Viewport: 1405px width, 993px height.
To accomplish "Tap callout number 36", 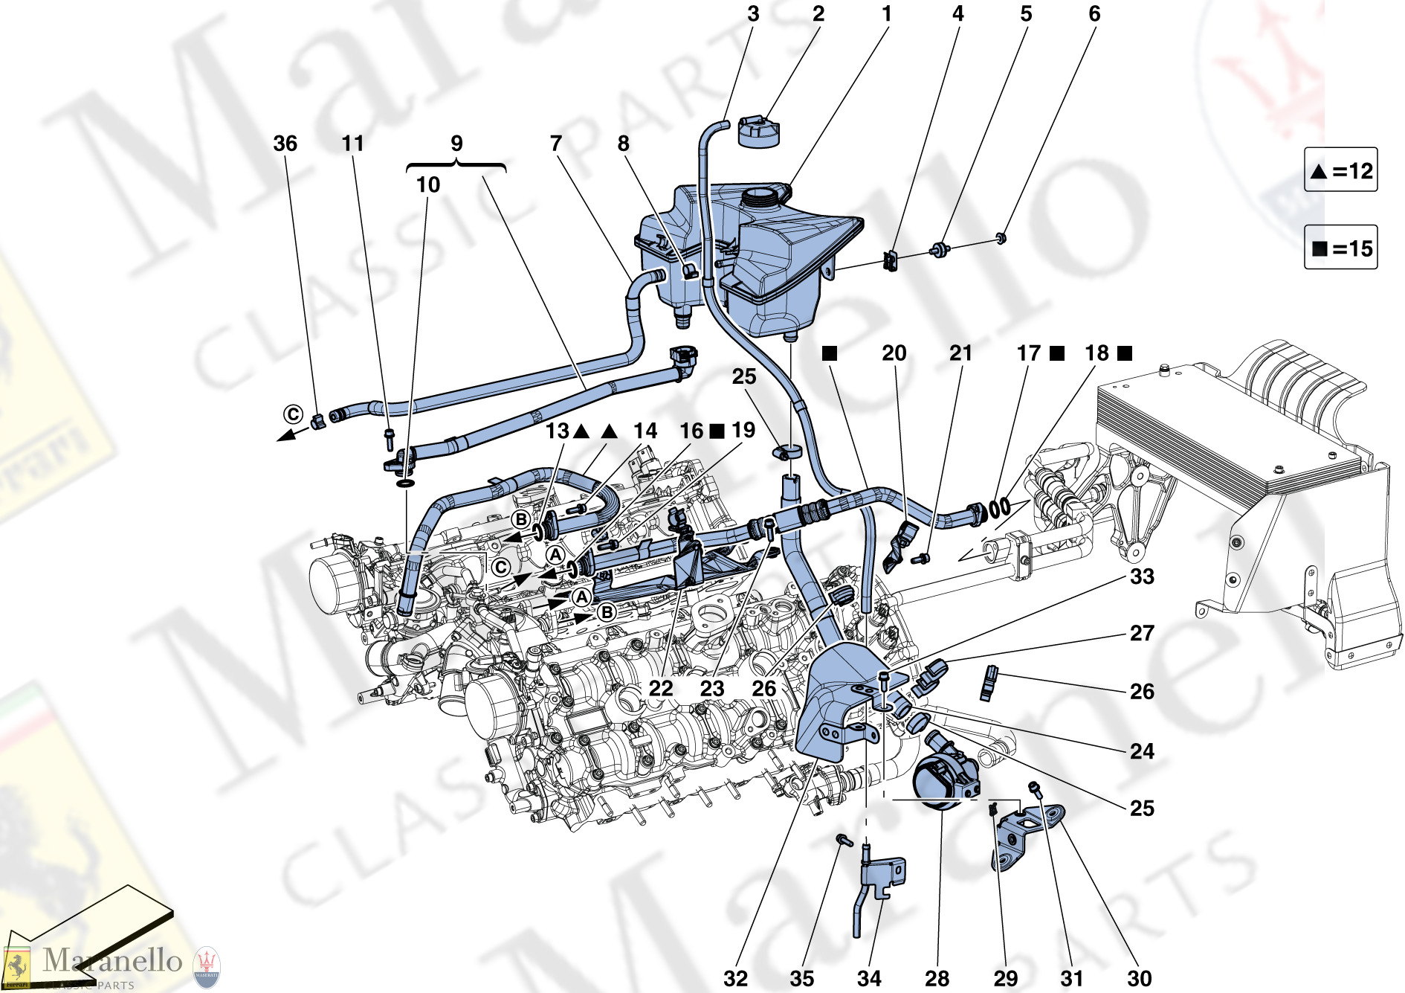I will pos(285,144).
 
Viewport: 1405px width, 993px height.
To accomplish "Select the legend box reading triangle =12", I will pos(1340,171).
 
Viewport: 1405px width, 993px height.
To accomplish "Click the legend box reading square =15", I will pos(1340,248).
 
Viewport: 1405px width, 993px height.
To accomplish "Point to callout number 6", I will pos(1094,14).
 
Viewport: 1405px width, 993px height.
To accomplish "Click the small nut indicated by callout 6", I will pos(1001,238).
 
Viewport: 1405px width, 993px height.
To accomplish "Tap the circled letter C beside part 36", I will pos(294,414).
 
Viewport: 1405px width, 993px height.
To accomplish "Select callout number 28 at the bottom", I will pos(937,977).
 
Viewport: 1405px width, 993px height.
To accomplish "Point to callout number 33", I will pos(1142,576).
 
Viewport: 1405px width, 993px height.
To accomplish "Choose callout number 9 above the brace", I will pos(456,144).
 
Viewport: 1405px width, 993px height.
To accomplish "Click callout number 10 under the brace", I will pos(427,184).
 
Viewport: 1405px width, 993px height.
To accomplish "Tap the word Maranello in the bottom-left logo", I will pos(112,960).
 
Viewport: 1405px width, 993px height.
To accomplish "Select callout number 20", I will pos(894,353).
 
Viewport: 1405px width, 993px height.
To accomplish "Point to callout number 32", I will pos(735,977).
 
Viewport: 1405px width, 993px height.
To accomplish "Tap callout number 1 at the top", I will pos(886,14).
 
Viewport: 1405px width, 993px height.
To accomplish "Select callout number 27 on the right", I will pos(1142,633).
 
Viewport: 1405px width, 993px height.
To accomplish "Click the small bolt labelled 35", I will pos(842,840).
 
